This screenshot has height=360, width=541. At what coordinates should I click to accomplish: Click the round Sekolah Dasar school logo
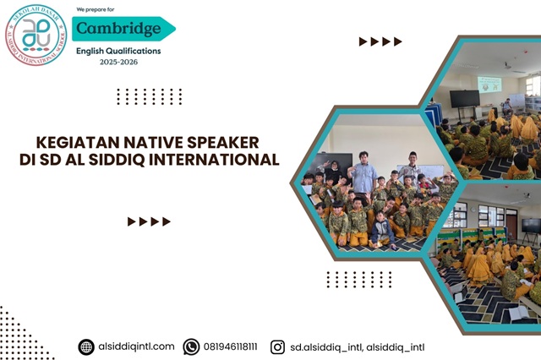tap(35, 35)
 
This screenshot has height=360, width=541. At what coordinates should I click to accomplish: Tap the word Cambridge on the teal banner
tap(117, 29)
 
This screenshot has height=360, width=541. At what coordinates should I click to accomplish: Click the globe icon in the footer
tap(86, 346)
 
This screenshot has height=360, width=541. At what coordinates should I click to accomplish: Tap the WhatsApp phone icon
tap(191, 346)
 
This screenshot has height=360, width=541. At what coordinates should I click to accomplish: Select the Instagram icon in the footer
tap(277, 346)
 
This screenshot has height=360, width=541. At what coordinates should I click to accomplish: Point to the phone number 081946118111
tap(231, 346)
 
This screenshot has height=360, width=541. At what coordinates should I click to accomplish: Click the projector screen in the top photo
tap(489, 85)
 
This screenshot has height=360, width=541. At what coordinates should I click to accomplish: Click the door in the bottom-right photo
tap(511, 224)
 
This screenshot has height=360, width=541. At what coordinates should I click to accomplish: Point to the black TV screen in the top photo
tap(464, 98)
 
